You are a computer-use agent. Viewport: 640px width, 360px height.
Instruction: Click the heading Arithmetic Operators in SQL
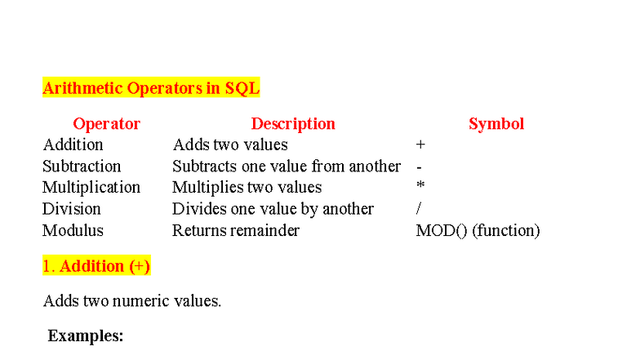[151, 88]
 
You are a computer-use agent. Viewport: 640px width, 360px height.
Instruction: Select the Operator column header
[106, 124]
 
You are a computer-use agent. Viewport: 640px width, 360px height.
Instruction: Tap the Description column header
[293, 124]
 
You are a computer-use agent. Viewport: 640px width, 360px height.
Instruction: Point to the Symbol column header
[496, 124]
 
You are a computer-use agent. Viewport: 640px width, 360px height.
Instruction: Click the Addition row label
[73, 145]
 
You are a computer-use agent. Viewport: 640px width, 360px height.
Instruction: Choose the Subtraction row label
[82, 167]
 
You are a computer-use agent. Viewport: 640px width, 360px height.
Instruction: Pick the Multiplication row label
[91, 188]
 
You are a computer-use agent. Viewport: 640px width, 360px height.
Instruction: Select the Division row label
[72, 209]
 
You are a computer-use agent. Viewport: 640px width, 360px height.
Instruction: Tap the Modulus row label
[73, 230]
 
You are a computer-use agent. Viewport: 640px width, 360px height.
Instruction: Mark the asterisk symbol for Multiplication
[420, 187]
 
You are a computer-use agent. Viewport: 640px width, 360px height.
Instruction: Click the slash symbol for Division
[419, 209]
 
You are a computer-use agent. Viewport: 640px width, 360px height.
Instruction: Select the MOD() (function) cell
[478, 230]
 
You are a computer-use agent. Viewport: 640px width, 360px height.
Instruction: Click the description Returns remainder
[235, 230]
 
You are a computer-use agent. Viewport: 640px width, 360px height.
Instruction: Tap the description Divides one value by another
[273, 209]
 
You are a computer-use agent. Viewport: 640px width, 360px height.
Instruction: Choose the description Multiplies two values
[247, 188]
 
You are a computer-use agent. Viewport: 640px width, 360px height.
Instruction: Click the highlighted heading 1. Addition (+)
[96, 266]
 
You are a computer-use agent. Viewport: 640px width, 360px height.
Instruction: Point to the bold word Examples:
[86, 336]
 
